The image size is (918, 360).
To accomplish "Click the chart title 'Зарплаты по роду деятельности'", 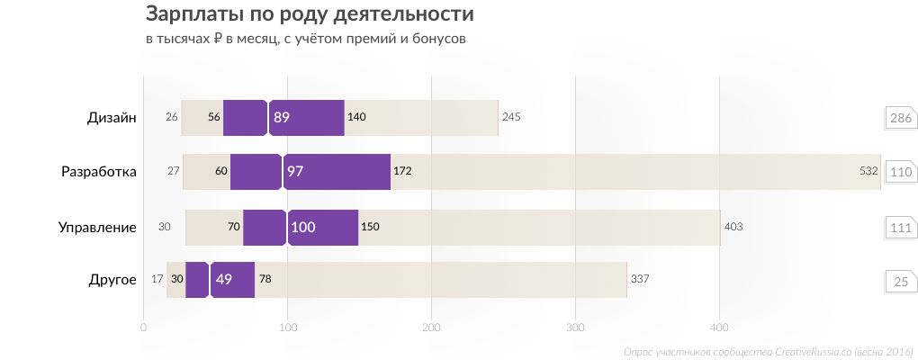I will pyautogui.click(x=309, y=15).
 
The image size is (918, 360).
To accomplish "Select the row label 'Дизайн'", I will pyautogui.click(x=112, y=118).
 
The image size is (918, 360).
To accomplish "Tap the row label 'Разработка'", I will pyautogui.click(x=98, y=172).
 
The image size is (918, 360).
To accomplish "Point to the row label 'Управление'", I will pyautogui.click(x=96, y=227).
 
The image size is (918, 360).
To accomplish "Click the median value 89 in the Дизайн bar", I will pyautogui.click(x=282, y=118).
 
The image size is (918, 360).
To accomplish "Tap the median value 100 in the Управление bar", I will pyautogui.click(x=302, y=227).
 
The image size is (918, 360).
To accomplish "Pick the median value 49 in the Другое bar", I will pyautogui.click(x=223, y=280).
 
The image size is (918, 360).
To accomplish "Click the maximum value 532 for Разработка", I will pyautogui.click(x=868, y=171).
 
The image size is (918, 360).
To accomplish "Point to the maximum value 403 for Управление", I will pyautogui.click(x=733, y=227).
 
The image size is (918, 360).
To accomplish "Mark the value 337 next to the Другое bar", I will pyautogui.click(x=640, y=280).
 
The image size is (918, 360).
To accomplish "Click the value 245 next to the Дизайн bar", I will pyautogui.click(x=511, y=118).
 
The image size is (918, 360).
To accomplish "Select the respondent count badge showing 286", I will pyautogui.click(x=900, y=119).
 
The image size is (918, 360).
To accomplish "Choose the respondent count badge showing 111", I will pyautogui.click(x=900, y=228).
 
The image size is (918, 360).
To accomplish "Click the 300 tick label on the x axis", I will pyautogui.click(x=575, y=328).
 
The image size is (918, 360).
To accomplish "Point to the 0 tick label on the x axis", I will pyautogui.click(x=144, y=328).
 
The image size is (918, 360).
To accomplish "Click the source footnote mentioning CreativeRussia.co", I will pyautogui.click(x=768, y=352).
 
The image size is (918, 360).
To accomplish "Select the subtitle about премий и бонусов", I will pyautogui.click(x=305, y=39).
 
